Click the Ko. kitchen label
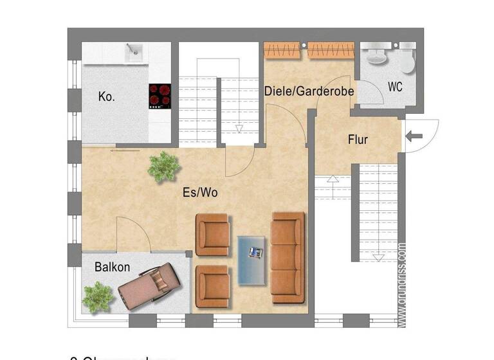coord(107,97)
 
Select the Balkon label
coord(113,267)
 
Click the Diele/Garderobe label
coord(309,92)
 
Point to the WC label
coord(395,87)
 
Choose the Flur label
coord(358,139)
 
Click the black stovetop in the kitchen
coord(160,96)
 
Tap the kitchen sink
coord(134,52)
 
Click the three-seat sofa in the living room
coord(288,257)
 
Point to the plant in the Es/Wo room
coord(163,166)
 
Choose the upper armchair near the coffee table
coord(212,235)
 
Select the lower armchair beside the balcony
coord(212,286)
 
